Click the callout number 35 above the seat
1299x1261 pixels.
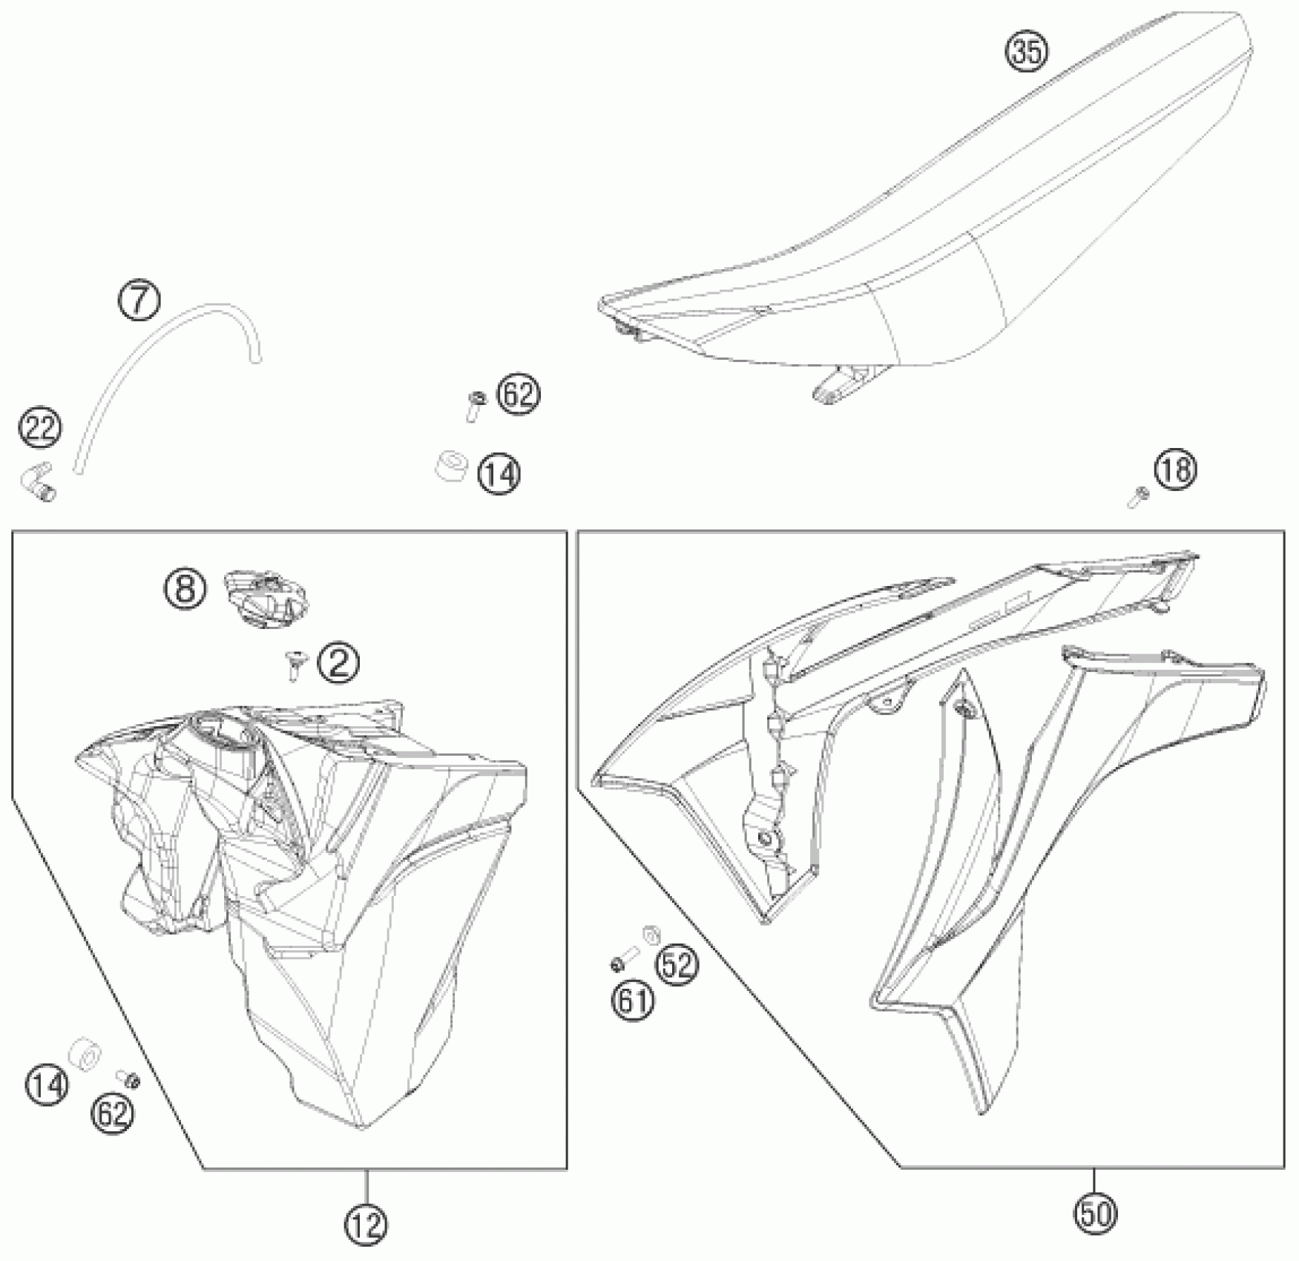[x=1027, y=52]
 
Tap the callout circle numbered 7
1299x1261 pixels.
[x=139, y=300]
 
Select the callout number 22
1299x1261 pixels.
[x=41, y=428]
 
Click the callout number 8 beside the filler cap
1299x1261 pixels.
[x=185, y=589]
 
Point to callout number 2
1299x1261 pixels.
[x=338, y=662]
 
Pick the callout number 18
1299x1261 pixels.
[x=1176, y=470]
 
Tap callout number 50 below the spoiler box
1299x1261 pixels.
[x=1095, y=1214]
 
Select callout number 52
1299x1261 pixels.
[x=678, y=964]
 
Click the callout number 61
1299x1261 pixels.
[x=633, y=1002]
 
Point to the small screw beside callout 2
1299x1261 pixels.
[x=295, y=665]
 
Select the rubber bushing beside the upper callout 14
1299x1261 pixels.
[x=451, y=466]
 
